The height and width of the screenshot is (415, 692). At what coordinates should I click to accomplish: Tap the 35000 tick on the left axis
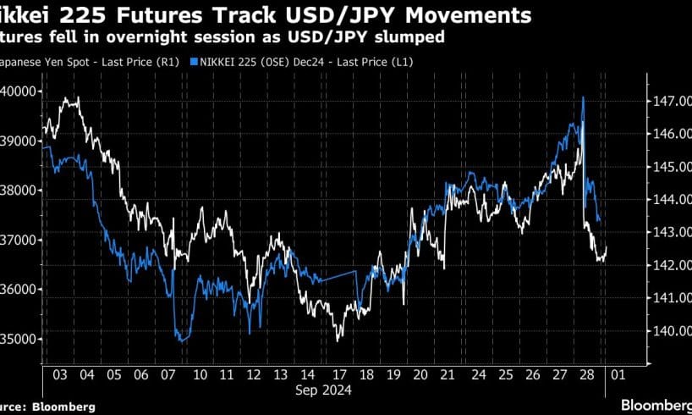pyautogui.click(x=21, y=339)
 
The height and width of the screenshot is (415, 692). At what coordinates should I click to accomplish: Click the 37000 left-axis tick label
pyautogui.click(x=21, y=240)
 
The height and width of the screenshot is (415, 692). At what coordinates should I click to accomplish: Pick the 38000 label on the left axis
pyautogui.click(x=21, y=191)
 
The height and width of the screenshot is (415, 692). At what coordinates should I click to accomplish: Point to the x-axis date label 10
pyautogui.click(x=201, y=373)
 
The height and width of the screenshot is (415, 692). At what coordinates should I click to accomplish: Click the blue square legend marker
pyautogui.click(x=195, y=62)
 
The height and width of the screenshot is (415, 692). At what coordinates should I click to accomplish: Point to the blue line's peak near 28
pyautogui.click(x=584, y=97)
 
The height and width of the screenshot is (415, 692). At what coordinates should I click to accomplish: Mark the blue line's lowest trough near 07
pyautogui.click(x=180, y=341)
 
